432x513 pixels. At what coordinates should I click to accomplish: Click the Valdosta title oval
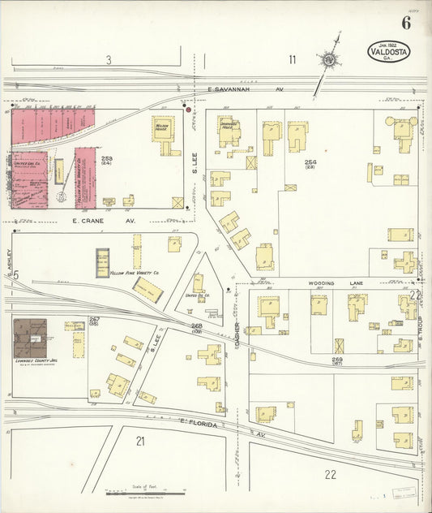tap(389, 52)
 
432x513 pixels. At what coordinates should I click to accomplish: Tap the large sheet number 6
tap(405, 22)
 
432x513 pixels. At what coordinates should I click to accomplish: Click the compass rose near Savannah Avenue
tap(330, 59)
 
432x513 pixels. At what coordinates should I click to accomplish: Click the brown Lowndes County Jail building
tap(29, 337)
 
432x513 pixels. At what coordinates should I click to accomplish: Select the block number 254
tap(310, 162)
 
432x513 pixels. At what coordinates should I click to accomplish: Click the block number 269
tap(337, 360)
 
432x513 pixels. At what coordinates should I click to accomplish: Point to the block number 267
tap(94, 320)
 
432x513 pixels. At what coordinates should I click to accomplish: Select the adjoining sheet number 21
tap(140, 441)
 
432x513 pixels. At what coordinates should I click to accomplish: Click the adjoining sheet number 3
tap(108, 59)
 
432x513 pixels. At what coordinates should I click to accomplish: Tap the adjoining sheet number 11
tap(292, 59)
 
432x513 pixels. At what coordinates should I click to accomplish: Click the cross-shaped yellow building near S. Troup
tap(405, 261)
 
